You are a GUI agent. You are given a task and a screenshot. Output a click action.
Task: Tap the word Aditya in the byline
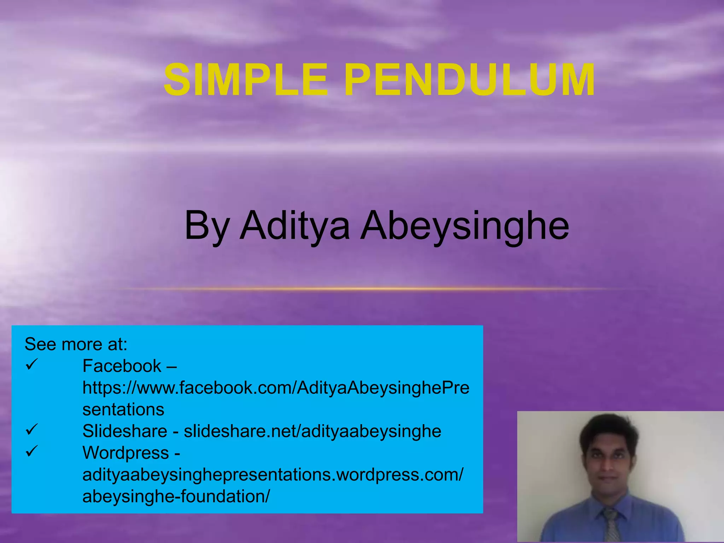point(295,226)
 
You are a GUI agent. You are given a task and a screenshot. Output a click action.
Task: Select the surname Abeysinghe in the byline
point(465,226)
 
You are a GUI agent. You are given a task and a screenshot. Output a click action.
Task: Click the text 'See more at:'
point(76,344)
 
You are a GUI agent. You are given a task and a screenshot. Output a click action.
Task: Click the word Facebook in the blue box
point(122,366)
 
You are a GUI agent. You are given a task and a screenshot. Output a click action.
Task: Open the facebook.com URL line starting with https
point(276,388)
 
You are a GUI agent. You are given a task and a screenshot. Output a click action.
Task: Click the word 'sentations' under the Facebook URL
point(123,409)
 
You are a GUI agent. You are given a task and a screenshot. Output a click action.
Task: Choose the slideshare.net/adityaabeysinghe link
point(313,431)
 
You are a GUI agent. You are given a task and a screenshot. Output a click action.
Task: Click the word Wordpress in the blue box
point(126,453)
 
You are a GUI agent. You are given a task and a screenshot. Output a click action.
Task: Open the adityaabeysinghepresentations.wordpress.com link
point(273,475)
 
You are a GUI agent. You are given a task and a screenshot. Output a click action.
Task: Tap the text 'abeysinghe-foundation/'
point(176,496)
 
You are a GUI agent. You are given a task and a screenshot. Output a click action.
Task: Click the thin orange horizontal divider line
point(371,289)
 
